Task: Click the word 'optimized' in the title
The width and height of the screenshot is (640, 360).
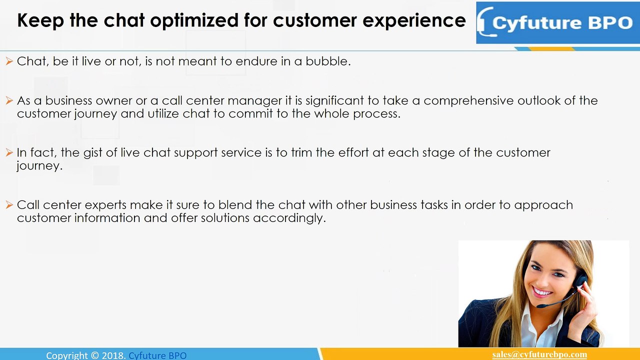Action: pos(194,21)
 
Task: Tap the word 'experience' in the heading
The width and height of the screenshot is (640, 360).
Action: pos(414,21)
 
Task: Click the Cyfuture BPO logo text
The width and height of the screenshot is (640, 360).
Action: pos(562,23)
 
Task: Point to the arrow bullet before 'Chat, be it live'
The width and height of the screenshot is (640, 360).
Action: pos(9,61)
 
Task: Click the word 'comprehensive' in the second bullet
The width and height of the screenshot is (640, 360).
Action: pos(468,101)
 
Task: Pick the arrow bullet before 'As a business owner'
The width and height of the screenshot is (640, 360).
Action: pos(9,100)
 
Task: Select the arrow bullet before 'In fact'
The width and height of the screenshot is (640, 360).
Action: pos(9,152)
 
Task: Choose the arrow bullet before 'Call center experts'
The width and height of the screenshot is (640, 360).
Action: pos(9,205)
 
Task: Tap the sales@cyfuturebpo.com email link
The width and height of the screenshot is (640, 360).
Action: pos(539,354)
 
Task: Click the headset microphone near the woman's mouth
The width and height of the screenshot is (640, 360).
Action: pos(542,305)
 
